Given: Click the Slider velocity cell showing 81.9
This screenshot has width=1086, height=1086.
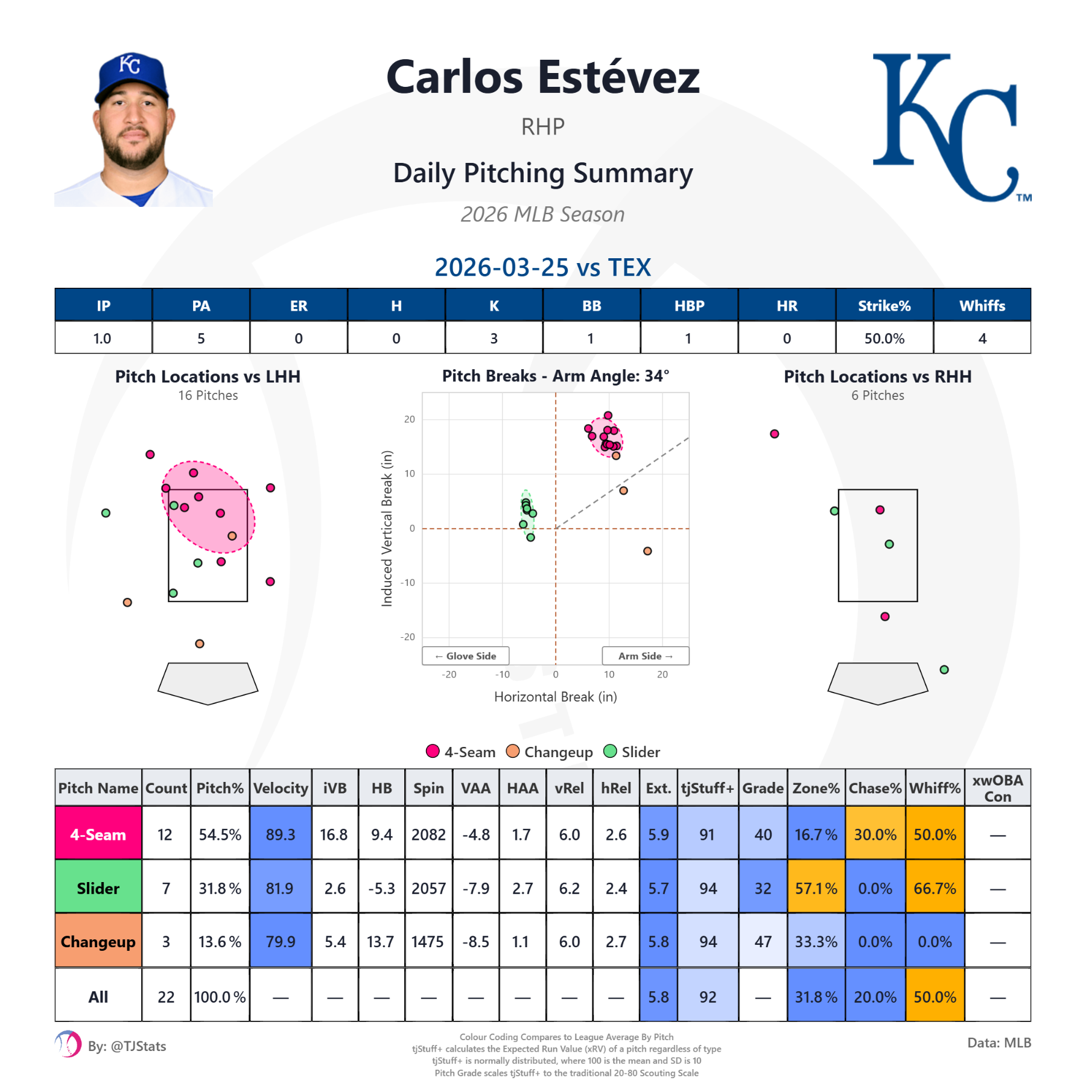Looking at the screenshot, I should pos(280,888).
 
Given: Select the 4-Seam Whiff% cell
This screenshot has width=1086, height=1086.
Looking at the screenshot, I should pos(935,834).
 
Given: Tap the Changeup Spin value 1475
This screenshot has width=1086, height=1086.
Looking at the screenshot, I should pos(428,942).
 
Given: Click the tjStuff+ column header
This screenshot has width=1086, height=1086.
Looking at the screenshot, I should pos(707,788).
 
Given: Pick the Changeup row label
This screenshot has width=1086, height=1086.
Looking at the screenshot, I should pos(98,942).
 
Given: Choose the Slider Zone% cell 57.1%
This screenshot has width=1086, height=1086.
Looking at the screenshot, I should pos(816,888).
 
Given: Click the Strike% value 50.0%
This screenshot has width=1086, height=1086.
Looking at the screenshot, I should pos(884,338).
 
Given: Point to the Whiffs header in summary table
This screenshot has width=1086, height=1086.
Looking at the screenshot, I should pos(982,306).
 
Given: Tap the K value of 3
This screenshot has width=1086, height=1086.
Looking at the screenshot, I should pos(494,338).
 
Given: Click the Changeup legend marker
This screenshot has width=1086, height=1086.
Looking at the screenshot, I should pos(513,751).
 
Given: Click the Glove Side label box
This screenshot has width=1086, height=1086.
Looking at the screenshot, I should pos(466,656).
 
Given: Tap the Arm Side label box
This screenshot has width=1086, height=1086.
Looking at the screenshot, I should pos(645,656).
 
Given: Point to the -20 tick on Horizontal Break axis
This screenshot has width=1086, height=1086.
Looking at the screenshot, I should pos(449,675).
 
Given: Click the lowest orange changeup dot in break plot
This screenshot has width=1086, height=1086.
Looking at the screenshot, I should pos(647,551).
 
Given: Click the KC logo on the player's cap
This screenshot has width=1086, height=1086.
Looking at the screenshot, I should pos(130,64).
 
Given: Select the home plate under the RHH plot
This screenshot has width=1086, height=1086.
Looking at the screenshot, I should pos(877,682).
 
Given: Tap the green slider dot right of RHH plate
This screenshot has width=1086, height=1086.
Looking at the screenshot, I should pos(944,670).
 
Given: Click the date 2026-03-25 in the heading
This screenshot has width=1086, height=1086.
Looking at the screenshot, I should pos(501,267).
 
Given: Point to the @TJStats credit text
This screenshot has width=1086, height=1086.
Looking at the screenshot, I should pos(127,1046).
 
